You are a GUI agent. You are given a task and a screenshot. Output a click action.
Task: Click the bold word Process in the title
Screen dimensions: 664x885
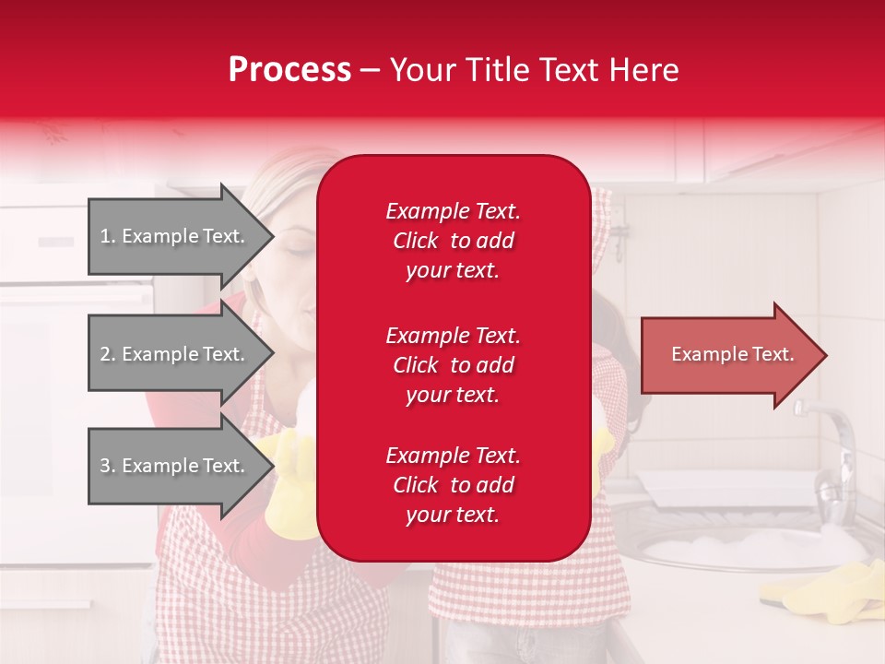tap(289, 70)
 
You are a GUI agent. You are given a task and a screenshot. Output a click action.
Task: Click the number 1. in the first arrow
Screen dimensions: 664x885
tap(108, 236)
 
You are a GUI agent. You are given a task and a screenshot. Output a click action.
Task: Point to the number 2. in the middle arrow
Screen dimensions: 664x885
tap(108, 354)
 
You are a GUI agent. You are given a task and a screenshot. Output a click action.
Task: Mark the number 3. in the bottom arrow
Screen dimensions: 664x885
tap(108, 466)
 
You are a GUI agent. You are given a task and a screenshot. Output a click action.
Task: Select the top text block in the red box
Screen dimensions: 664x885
tap(453, 241)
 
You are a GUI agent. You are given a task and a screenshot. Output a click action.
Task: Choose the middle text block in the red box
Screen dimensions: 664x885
tap(453, 365)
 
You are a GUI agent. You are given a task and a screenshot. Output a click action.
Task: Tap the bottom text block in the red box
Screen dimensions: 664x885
tap(453, 485)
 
